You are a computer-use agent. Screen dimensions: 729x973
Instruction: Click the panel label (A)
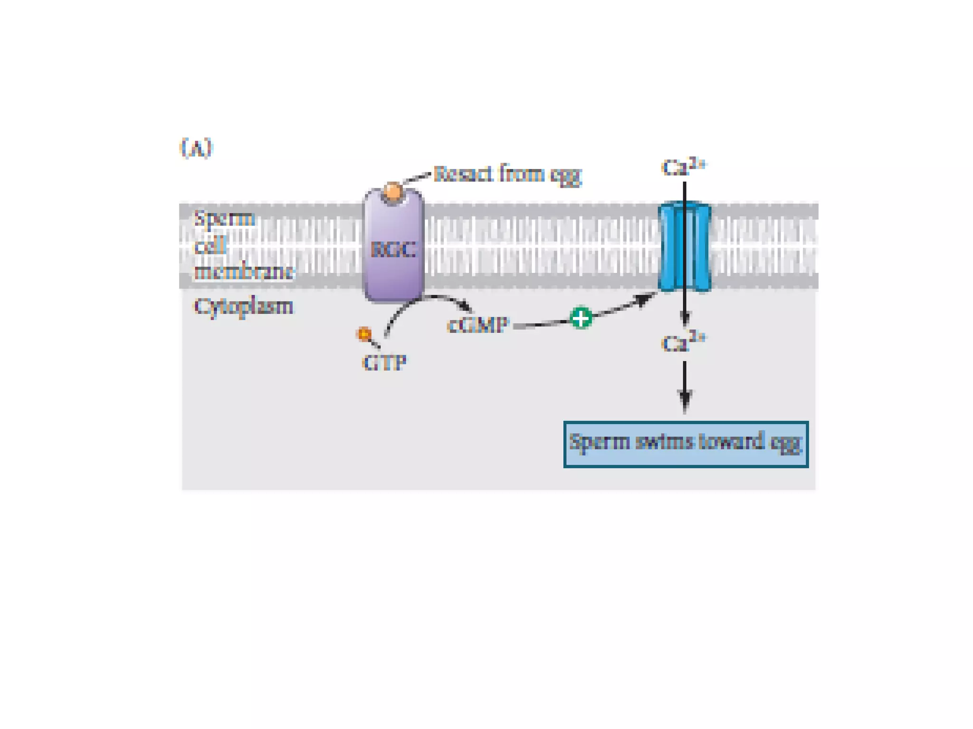(x=196, y=148)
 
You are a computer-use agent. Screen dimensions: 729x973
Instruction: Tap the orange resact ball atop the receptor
(x=393, y=192)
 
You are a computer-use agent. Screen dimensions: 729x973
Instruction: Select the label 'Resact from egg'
(x=507, y=174)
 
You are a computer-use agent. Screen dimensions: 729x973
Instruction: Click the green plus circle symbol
(x=581, y=318)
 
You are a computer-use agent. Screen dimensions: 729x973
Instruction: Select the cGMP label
(x=477, y=326)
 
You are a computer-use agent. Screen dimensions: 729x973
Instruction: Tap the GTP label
(x=384, y=363)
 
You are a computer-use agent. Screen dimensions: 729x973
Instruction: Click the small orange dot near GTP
(x=364, y=334)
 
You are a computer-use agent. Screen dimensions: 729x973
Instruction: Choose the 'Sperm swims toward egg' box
(x=686, y=444)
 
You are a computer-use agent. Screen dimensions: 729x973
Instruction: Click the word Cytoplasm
(x=243, y=307)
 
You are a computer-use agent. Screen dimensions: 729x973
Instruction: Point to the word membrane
(x=244, y=272)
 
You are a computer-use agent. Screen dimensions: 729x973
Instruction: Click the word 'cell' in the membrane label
(x=210, y=246)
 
